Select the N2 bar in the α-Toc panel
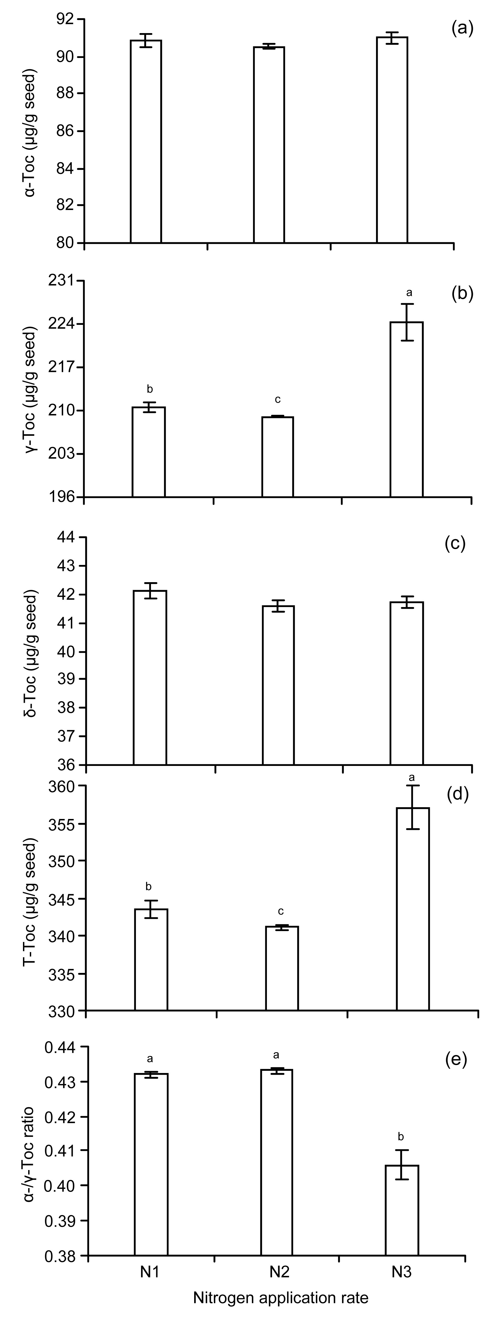pos(269,145)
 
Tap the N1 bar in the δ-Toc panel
pos(150,677)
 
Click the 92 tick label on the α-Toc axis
pos(69,19)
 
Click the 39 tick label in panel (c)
pos(69,679)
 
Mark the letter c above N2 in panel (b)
pos(278,399)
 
